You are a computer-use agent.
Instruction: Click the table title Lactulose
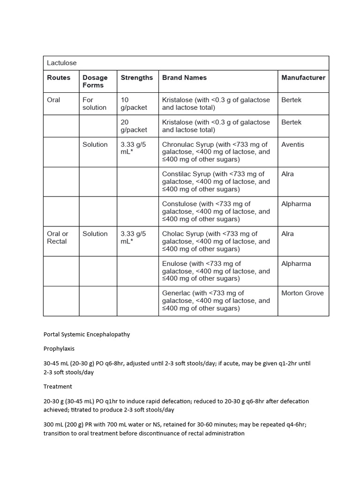(61, 63)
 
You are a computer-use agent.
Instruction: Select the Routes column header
(59, 78)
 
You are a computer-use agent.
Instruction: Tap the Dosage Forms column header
(95, 82)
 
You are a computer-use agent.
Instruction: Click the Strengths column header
(136, 78)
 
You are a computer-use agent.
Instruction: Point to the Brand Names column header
(184, 78)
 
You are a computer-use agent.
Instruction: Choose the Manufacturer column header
(303, 78)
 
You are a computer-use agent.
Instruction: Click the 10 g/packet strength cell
(134, 104)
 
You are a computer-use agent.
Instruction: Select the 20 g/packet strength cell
(134, 126)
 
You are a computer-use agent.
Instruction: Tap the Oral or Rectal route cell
(58, 238)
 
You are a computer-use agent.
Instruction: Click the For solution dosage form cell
(95, 104)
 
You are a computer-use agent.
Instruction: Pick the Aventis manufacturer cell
(292, 144)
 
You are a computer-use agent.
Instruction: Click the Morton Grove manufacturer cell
(302, 293)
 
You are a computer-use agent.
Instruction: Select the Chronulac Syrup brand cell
(216, 152)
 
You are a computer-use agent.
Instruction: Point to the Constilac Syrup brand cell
(216, 181)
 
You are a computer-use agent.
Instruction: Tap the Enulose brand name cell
(216, 271)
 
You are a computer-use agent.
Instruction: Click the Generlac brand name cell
(216, 301)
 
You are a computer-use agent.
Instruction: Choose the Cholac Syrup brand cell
(216, 241)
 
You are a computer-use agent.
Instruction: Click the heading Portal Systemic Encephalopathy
(87, 335)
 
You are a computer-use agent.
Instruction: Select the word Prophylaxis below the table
(59, 349)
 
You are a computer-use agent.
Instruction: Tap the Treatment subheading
(58, 387)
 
